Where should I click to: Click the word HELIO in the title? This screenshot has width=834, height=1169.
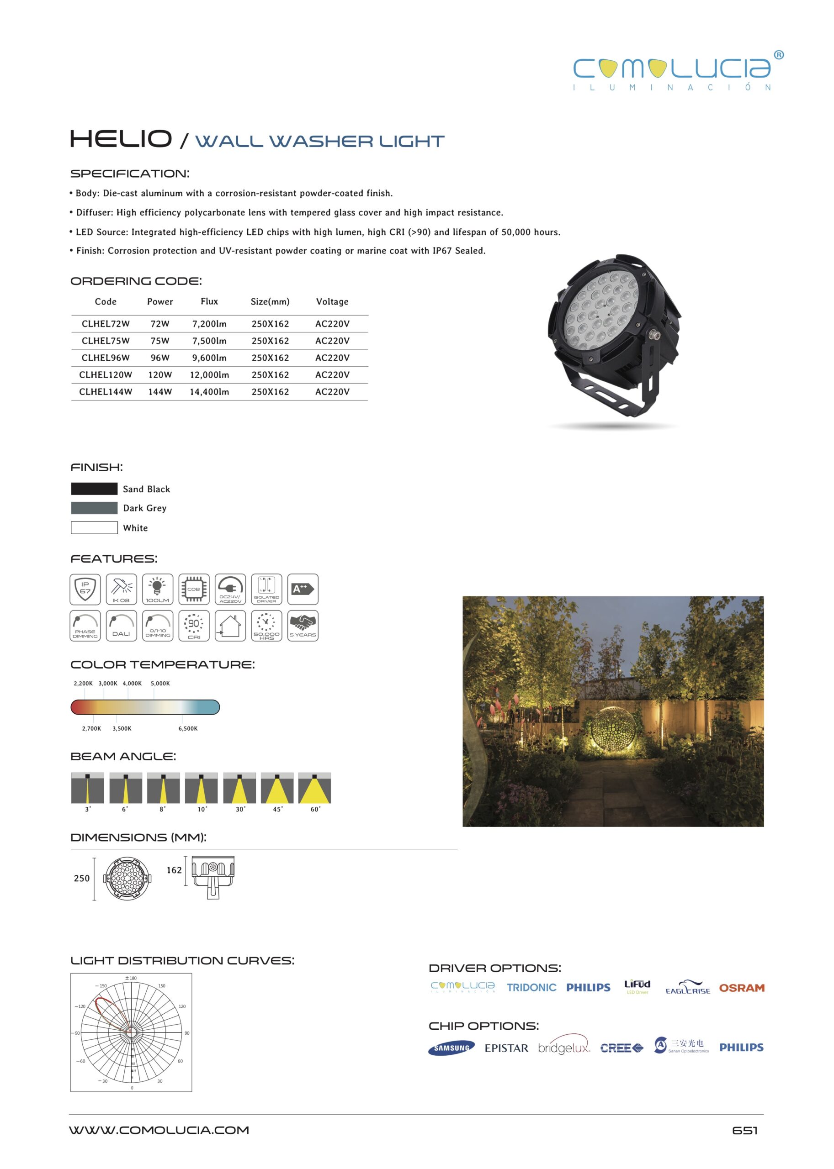click(121, 139)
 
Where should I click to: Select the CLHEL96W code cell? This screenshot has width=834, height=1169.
click(105, 358)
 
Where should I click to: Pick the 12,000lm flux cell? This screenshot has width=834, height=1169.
click(209, 374)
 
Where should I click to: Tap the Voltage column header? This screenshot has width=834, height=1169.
click(332, 302)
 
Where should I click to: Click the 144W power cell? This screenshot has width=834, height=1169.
click(159, 391)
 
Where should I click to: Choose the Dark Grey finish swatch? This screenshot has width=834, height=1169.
click(94, 508)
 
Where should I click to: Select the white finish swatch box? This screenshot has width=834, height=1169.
click(94, 527)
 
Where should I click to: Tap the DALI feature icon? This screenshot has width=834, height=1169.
click(121, 625)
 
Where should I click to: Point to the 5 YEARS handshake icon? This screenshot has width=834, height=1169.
click(303, 625)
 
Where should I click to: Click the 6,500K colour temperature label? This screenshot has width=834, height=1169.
click(188, 728)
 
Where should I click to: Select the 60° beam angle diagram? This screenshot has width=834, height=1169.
click(314, 788)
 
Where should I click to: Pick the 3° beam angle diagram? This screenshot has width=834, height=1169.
click(87, 788)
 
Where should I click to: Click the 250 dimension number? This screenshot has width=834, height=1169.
click(82, 878)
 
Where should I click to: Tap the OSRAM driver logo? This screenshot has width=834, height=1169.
click(742, 988)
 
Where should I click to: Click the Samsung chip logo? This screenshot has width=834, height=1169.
click(452, 1048)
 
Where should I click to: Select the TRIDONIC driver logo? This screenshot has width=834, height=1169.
click(531, 987)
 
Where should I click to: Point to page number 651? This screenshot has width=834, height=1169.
click(744, 1130)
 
